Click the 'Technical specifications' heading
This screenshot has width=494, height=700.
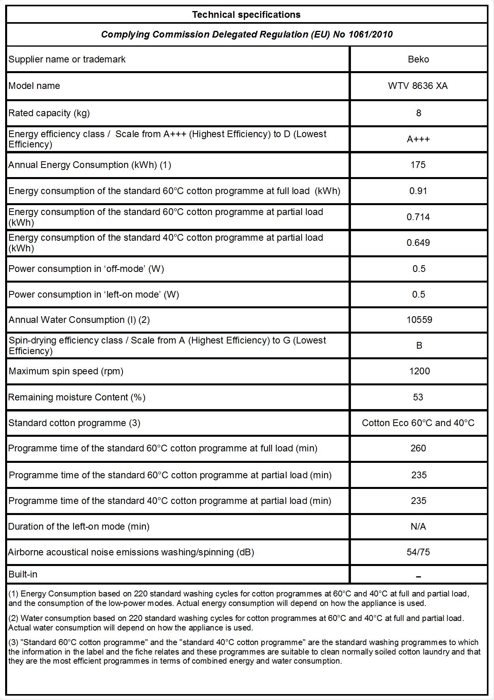click(246, 15)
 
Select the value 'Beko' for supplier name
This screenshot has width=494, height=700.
click(418, 59)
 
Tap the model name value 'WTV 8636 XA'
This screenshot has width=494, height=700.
click(418, 86)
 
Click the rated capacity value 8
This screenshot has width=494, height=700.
click(419, 113)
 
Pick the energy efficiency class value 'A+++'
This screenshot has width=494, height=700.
click(418, 139)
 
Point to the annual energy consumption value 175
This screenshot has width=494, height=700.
click(418, 165)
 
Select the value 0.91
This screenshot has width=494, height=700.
click(418, 191)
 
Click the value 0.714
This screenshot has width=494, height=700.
click(418, 217)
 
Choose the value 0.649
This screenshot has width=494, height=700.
click(418, 243)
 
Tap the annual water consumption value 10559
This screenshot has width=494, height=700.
click(419, 320)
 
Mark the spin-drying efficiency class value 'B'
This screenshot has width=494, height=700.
click(419, 345)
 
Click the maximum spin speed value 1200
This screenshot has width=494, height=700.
click(419, 371)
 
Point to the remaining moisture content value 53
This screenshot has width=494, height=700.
click(418, 397)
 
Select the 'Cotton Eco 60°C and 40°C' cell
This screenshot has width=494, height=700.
click(418, 423)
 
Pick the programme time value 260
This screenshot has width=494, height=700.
click(418, 448)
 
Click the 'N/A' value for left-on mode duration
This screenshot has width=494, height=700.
click(418, 526)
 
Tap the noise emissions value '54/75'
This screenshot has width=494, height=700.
click(418, 552)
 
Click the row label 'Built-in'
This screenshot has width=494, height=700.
click(23, 574)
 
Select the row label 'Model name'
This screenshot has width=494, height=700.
click(34, 86)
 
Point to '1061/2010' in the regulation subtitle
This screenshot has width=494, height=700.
click(370, 35)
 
